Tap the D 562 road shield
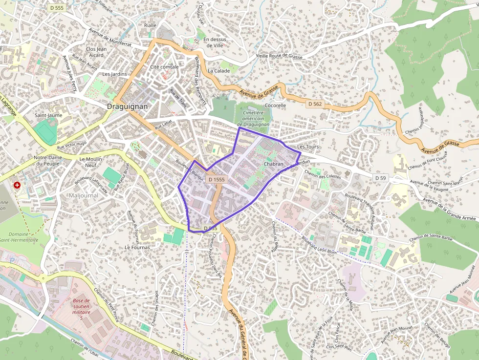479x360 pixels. pos(315,104)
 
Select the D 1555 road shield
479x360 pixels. pos(217,180)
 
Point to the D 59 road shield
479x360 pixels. pos(381,177)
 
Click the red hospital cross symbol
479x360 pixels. pos(18,185)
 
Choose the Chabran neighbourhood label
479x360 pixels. pos(273,164)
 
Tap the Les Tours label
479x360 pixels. pos(307,147)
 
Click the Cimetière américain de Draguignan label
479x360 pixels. pos(253,119)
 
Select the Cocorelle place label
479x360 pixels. pos(275,105)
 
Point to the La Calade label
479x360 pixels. pos(218,70)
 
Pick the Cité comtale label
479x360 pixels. pos(164,66)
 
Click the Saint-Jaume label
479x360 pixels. pos(48,115)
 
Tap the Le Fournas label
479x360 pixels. pos(137,247)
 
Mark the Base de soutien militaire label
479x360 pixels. pos(82,309)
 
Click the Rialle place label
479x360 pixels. pos(150,25)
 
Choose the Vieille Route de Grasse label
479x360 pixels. pos(280,57)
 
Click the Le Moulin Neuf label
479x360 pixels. pos(91,162)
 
